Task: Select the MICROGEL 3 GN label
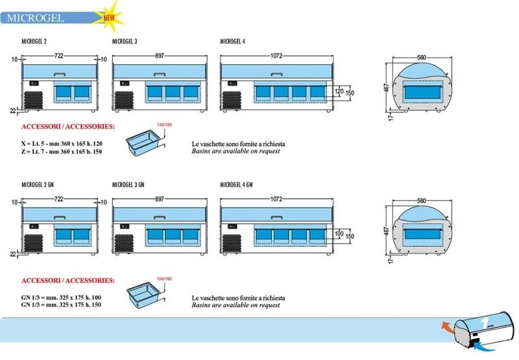click(128, 184)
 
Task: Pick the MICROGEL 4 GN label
click(236, 184)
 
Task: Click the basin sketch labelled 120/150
click(145, 141)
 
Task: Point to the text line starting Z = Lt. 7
click(62, 152)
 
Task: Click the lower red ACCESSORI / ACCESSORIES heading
click(69, 281)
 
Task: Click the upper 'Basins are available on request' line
click(235, 150)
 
